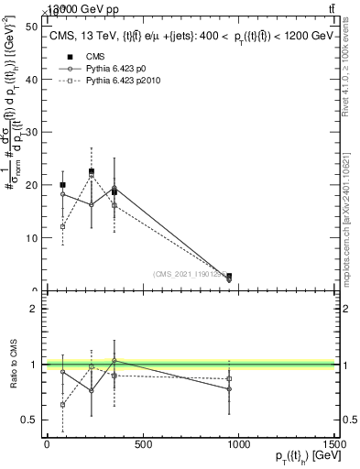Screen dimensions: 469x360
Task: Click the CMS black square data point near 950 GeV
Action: pyautogui.click(x=229, y=276)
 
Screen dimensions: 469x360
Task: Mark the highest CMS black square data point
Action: pyautogui.click(x=92, y=171)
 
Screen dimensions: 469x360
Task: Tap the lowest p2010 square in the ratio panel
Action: pyautogui.click(x=62, y=404)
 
